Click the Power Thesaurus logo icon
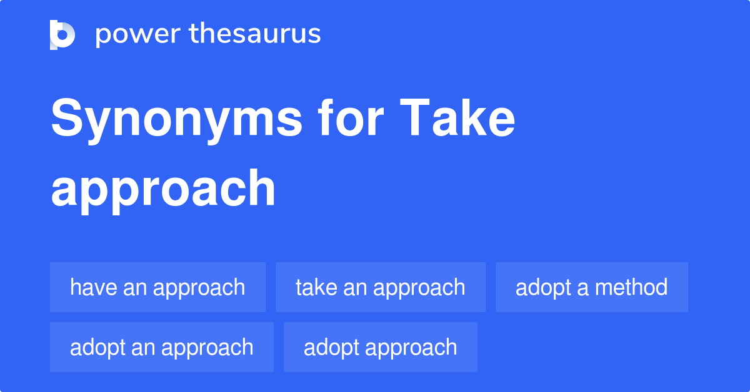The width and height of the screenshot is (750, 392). point(62,34)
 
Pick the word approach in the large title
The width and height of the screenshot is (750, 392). point(163,189)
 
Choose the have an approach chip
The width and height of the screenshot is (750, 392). point(157,287)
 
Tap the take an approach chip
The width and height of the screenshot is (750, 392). point(380,287)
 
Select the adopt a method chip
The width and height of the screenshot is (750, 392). point(591,287)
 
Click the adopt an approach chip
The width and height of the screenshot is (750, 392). point(161,347)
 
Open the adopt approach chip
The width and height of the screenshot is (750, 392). point(380,347)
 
